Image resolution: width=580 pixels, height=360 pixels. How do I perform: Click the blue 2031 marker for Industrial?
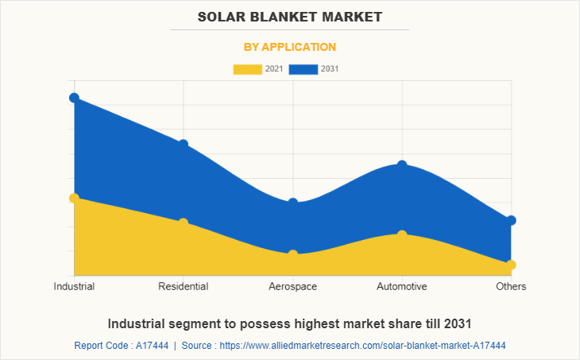[74, 98]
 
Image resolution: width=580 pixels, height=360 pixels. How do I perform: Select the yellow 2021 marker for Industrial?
[74, 198]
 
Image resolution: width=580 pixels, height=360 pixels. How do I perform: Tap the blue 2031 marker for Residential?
[184, 144]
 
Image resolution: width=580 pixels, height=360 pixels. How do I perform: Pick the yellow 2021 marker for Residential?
[184, 223]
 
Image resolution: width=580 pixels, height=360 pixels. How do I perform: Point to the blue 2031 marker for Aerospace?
[293, 203]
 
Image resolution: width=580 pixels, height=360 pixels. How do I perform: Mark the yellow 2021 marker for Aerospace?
[293, 254]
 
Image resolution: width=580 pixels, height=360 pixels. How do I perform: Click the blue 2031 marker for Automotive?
[402, 165]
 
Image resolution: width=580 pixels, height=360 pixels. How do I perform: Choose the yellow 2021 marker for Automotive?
[402, 234]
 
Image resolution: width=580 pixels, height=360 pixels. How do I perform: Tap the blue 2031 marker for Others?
[511, 220]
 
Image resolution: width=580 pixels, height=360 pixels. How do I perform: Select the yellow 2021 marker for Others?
[511, 265]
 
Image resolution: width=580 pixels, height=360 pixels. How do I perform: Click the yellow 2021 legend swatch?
[247, 69]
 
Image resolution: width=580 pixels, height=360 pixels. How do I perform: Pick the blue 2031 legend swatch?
[303, 69]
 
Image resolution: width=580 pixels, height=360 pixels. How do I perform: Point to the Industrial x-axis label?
[74, 286]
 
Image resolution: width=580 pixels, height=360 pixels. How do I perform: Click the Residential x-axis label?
[184, 286]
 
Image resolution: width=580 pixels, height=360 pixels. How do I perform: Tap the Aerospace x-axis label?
[293, 286]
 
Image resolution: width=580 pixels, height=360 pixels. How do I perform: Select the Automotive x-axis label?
[402, 286]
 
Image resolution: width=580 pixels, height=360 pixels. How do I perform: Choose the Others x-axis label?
[511, 286]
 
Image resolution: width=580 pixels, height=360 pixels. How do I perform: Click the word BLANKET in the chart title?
[289, 16]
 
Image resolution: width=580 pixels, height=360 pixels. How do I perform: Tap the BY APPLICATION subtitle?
[290, 47]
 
